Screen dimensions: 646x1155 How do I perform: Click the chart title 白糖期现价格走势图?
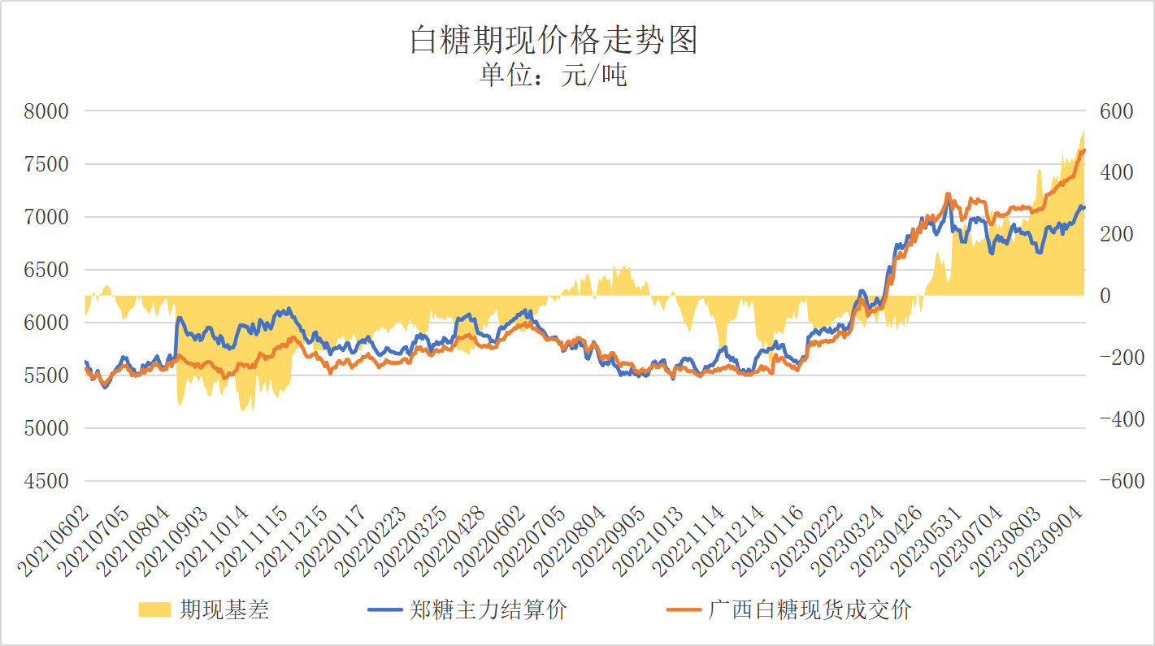pos(554,40)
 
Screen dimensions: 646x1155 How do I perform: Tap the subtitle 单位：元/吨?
pos(554,76)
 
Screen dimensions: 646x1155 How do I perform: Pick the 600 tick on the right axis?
pos(1116,111)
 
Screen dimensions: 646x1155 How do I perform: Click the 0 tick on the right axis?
pos(1105,296)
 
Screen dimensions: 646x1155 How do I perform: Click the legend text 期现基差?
pos(224,609)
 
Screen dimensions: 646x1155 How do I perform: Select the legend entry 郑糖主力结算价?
pos(488,609)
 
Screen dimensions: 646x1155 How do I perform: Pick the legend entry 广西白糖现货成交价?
pos(810,609)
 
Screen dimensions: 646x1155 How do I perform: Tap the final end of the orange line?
pos(1083,150)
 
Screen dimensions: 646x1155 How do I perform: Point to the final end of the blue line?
pos(1083,208)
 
